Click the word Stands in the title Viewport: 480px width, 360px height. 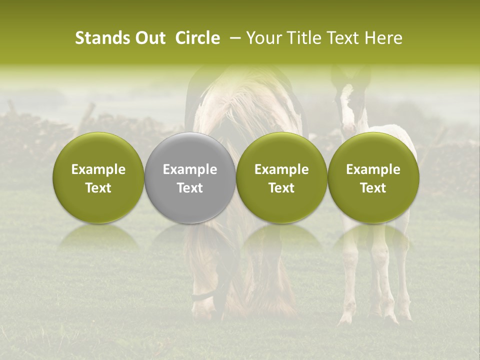[102, 38]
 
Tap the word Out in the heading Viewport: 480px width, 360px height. [149, 38]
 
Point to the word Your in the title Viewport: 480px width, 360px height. [263, 38]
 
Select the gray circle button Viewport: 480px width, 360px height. [190, 178]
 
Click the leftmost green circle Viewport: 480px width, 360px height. [98, 178]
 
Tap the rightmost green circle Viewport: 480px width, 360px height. [373, 178]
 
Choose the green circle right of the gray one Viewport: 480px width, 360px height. [281, 178]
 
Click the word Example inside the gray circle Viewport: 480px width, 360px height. [190, 169]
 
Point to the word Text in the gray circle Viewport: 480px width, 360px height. [190, 188]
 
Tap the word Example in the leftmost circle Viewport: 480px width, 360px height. [98, 169]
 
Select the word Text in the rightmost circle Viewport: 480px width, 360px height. [373, 188]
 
